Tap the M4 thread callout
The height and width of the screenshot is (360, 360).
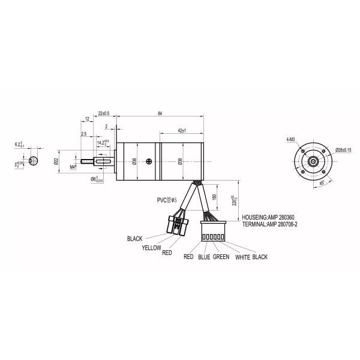click(73, 167)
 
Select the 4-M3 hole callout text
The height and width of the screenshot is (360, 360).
click(290, 139)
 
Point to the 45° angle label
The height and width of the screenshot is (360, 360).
click(322, 183)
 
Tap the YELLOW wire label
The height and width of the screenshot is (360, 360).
click(151, 247)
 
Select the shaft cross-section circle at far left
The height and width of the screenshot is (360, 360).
click(35, 161)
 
